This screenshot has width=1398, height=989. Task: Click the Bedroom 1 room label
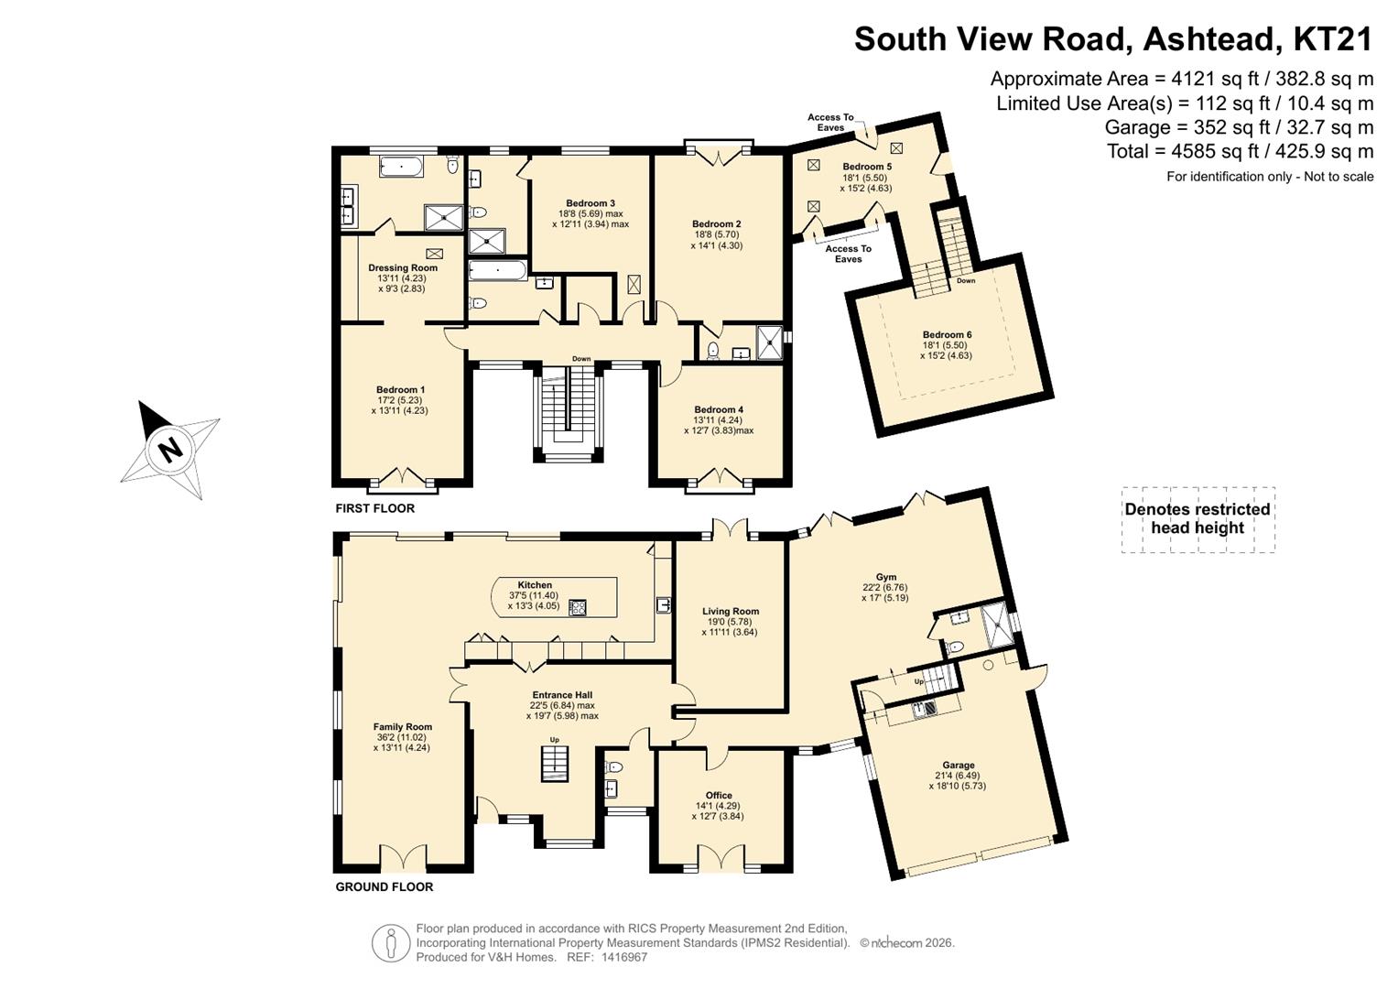[x=400, y=389]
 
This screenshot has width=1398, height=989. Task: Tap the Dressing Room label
[x=403, y=267]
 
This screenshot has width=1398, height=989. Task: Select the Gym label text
[x=885, y=577]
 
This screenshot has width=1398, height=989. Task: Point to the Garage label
[x=958, y=765]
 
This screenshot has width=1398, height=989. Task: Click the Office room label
[x=719, y=796]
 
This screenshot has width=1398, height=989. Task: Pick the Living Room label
[x=731, y=612]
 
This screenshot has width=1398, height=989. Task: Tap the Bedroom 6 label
[x=947, y=334]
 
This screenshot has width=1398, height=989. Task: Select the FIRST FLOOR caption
[x=375, y=508]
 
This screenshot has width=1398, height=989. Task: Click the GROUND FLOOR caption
[x=385, y=886]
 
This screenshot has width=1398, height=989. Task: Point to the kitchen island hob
[x=578, y=608]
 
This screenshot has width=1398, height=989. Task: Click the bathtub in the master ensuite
[x=402, y=168]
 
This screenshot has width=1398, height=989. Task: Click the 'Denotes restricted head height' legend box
[x=1198, y=519]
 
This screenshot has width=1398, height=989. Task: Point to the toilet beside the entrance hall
[x=613, y=766]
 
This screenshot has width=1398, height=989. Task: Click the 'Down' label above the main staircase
[x=581, y=359]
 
